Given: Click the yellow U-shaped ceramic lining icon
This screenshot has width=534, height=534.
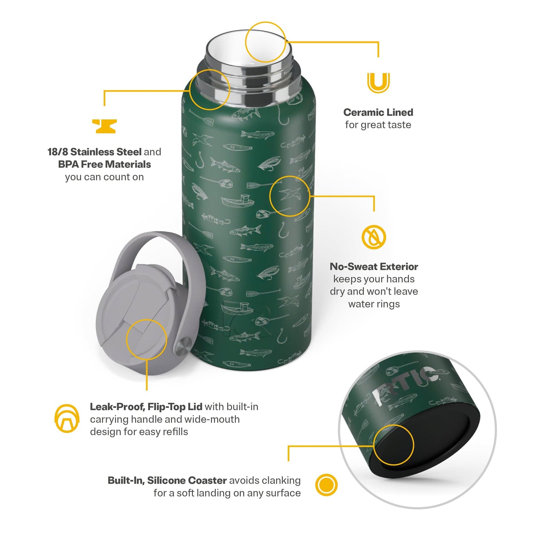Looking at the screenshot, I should tap(378, 83).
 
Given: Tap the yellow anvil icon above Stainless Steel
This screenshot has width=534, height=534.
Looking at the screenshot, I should tap(104, 126).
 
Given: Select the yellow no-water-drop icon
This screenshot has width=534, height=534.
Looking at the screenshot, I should tap(374, 237).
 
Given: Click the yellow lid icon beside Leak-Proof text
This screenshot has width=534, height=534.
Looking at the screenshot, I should tap(67, 418).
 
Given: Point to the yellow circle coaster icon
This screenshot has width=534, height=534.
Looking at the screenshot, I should tap(326, 484).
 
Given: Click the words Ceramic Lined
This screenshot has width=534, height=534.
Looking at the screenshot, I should tap(378, 112).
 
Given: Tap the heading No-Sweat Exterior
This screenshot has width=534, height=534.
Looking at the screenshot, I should tap(374, 266).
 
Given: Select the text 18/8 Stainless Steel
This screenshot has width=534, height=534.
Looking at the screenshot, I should tap(94, 152).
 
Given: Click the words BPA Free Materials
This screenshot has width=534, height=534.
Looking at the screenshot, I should tap(105, 164).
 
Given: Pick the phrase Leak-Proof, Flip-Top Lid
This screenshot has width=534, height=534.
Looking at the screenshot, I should tap(146, 407).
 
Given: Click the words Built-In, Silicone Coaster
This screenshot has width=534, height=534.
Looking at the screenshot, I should tap(167, 480).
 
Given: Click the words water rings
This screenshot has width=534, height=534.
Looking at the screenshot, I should tap(374, 304).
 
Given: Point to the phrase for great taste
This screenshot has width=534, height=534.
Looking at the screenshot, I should tap(378, 125).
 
